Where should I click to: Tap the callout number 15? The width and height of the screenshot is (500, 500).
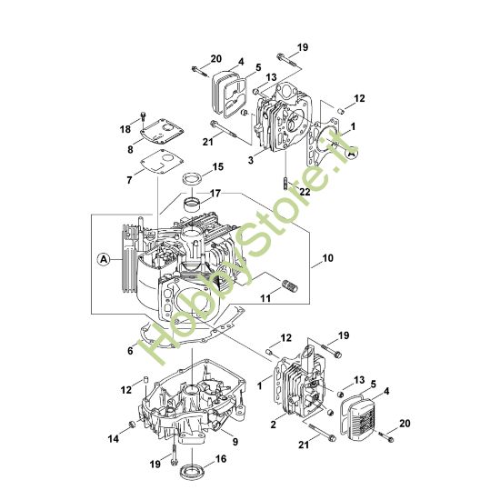coord(218,166)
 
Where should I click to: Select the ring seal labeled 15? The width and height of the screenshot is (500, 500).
coord(193,178)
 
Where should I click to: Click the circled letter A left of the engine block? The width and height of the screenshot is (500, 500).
coord(104,259)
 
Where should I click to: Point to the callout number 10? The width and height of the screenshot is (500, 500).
coord(327,257)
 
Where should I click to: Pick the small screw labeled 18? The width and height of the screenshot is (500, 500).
coord(143,116)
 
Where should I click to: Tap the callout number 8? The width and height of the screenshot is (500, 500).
coord(130,149)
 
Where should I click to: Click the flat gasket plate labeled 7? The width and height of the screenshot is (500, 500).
coord(163,162)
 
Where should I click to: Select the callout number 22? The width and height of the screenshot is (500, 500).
coord(305,192)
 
